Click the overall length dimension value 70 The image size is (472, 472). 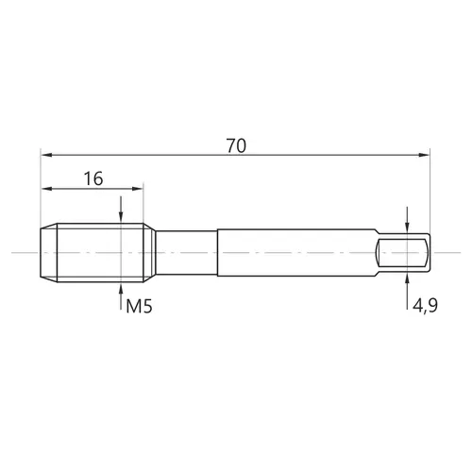click(x=236, y=145)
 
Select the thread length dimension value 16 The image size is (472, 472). click(x=93, y=178)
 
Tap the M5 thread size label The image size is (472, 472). click(x=139, y=306)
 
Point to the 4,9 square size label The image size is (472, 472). click(x=425, y=305)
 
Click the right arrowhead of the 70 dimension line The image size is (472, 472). click(x=424, y=155)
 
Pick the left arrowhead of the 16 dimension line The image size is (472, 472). click(x=47, y=189)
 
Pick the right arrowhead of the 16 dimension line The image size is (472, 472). click(x=137, y=189)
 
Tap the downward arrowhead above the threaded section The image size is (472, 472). click(x=121, y=217)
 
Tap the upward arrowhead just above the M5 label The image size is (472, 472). click(x=121, y=288)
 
